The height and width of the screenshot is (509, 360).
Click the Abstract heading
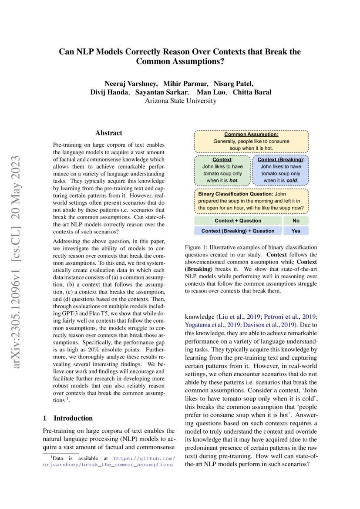coord(108,133)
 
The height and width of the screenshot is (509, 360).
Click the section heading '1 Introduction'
coord(68,418)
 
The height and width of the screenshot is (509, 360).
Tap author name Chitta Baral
coord(252,92)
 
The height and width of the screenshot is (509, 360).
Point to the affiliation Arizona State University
coord(180,101)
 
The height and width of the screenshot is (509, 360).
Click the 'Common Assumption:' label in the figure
coord(251,135)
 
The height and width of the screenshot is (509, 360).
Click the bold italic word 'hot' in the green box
coord(233,180)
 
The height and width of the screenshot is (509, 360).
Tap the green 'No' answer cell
coord(296,221)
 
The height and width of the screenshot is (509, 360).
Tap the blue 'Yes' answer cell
coord(296,231)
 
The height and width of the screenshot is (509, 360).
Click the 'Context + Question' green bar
coord(238,221)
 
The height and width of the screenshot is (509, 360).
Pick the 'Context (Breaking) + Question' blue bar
coord(238,231)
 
